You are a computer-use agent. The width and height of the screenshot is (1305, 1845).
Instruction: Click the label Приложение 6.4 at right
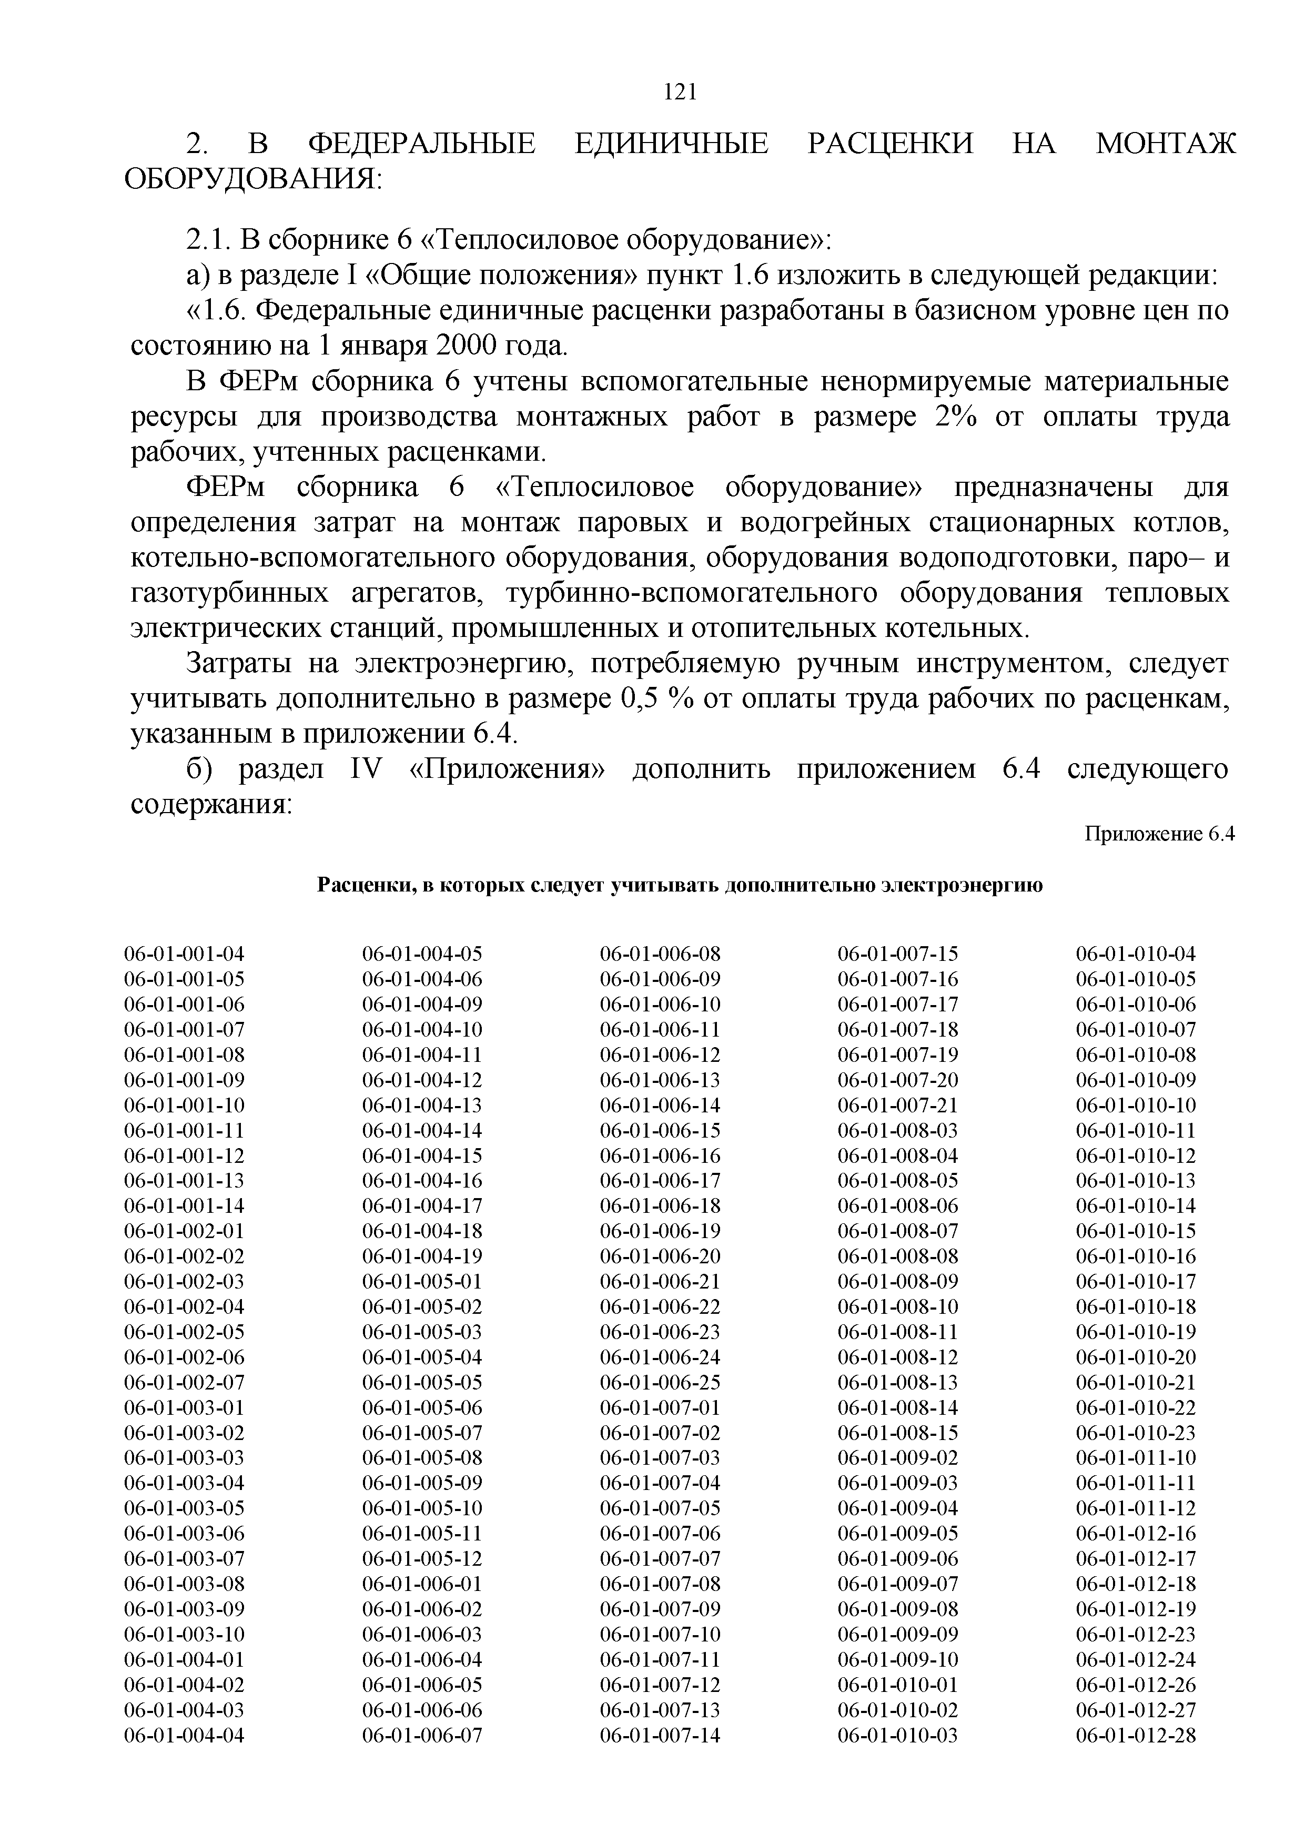coord(1159,834)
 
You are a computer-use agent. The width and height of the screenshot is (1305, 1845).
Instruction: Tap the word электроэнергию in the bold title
coord(962,886)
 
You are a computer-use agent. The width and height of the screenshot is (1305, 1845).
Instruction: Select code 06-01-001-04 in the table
coord(184,954)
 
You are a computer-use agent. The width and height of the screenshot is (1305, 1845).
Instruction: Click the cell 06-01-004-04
coord(184,1735)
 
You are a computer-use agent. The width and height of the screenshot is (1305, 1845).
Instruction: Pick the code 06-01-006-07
coord(422,1735)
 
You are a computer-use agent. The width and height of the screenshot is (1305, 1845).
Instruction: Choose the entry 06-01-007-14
coord(660,1735)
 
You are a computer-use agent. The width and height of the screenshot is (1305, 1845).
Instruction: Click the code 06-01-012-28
coord(1136,1735)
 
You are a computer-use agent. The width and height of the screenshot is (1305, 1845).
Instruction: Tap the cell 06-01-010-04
coord(1136,954)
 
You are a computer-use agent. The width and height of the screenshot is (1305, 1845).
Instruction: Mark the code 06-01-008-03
coord(897,1131)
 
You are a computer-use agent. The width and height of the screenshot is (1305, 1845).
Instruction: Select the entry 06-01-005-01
coord(422,1282)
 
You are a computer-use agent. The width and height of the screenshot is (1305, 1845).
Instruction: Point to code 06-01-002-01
coord(184,1231)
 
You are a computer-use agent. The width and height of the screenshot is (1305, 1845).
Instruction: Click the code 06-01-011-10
coord(1136,1458)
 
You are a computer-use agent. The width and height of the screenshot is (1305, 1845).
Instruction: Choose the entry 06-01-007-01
coord(660,1407)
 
